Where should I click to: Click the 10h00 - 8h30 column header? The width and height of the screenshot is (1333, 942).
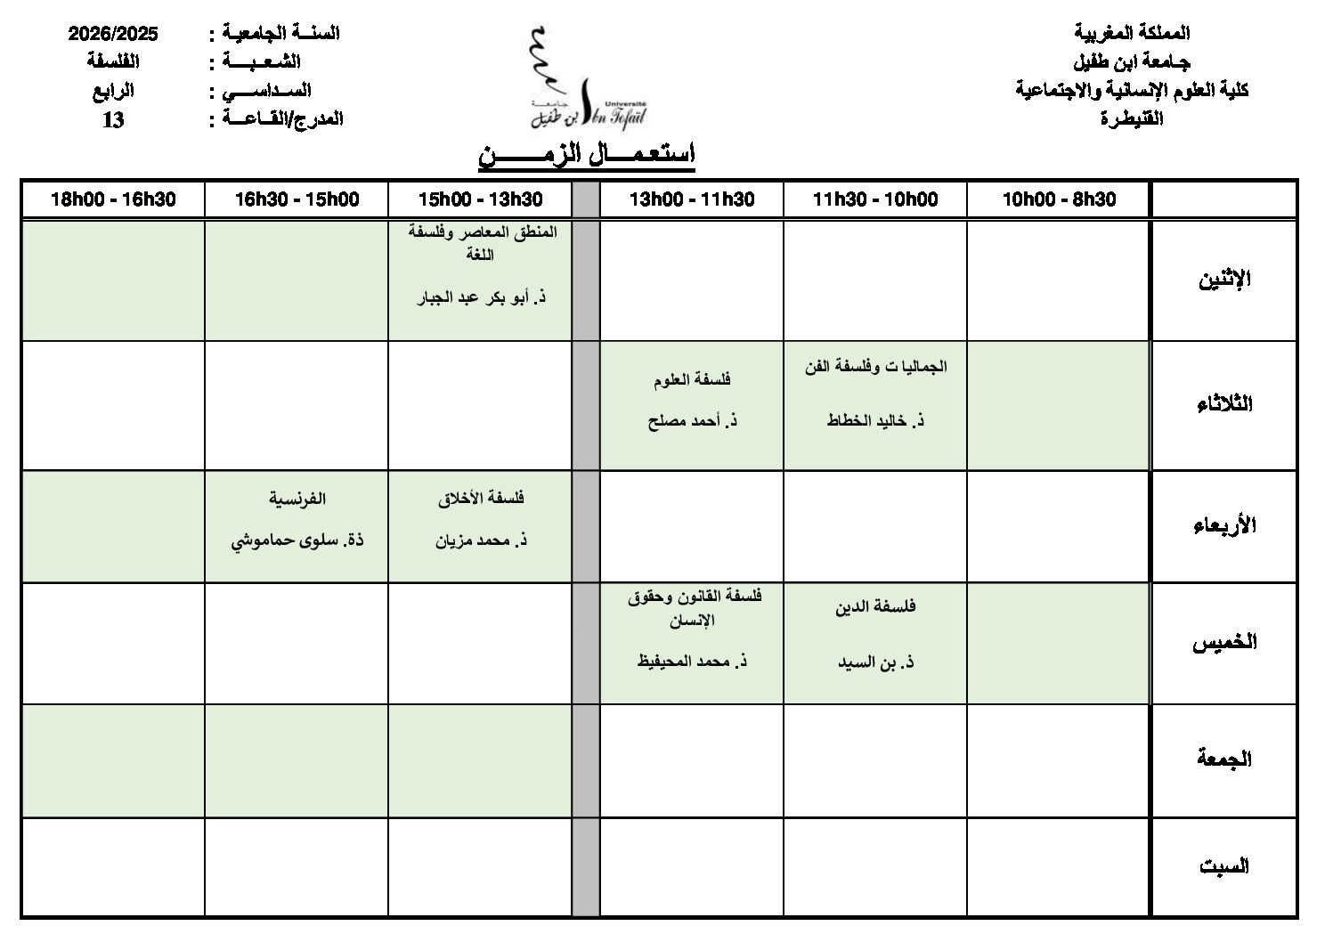click(1059, 199)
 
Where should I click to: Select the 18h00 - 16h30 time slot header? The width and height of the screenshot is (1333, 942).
click(113, 199)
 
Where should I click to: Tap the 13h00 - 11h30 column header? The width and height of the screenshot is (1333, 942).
click(692, 199)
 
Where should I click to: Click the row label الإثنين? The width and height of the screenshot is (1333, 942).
click(1224, 280)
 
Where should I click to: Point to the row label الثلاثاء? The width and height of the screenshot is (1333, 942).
click(1224, 404)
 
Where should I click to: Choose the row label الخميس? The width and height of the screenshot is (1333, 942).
click(1224, 643)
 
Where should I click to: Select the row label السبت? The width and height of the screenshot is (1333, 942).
click(1224, 866)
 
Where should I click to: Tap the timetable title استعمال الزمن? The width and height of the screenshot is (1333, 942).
click(587, 155)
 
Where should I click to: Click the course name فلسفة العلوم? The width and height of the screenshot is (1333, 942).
click(692, 380)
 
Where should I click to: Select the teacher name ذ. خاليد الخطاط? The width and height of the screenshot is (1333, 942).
click(875, 421)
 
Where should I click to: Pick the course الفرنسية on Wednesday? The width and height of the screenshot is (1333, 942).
click(297, 499)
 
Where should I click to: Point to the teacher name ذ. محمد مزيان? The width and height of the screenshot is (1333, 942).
click(481, 540)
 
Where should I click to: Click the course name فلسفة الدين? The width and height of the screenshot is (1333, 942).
click(875, 607)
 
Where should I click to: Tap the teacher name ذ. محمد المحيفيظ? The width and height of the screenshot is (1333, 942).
click(692, 662)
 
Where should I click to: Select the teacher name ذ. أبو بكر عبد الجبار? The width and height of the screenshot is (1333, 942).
click(481, 297)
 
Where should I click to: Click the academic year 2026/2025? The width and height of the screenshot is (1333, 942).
click(113, 34)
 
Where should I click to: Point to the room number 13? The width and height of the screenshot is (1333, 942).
click(113, 119)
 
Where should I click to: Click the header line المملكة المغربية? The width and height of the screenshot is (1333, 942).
click(1132, 34)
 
